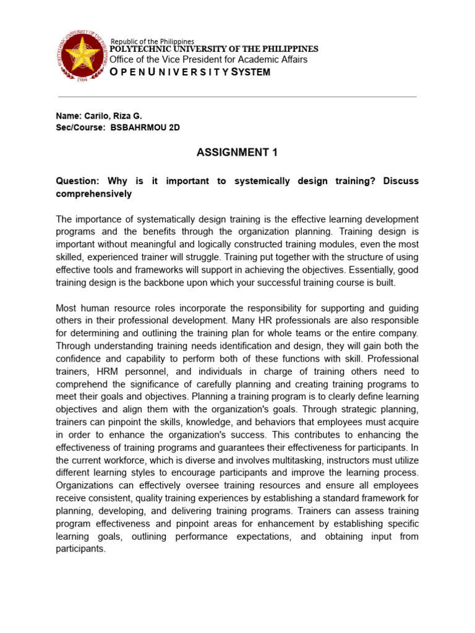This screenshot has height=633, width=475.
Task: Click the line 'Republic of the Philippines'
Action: [152, 41]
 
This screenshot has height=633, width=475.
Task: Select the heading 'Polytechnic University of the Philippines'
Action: [214, 49]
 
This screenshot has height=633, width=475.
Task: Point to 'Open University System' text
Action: [190, 72]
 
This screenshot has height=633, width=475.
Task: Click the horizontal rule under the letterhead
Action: [237, 97]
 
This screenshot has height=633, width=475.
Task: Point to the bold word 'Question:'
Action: [78, 181]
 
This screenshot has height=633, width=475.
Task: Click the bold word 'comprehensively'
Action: [93, 194]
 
